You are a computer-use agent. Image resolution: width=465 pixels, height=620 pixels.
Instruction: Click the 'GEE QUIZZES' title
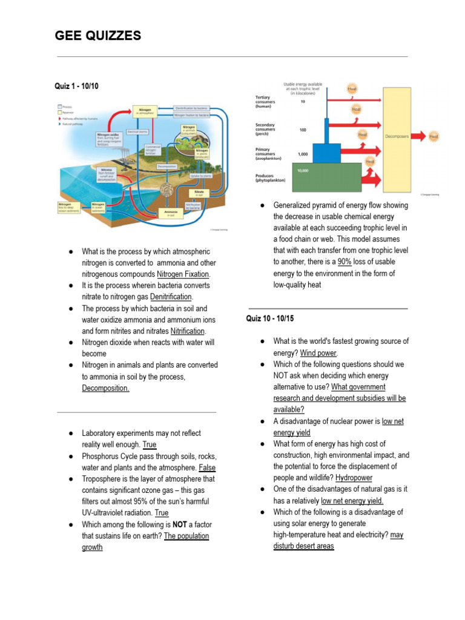point(97,36)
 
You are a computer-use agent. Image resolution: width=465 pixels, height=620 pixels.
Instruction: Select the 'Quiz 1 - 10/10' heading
point(76,87)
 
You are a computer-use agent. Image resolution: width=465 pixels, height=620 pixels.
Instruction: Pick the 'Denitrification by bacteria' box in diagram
point(192,107)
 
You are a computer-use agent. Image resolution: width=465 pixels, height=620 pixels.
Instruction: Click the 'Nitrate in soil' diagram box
point(199,193)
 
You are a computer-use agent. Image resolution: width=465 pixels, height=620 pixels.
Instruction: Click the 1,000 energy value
point(303,154)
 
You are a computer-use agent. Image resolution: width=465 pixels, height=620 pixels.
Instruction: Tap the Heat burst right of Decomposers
point(434,137)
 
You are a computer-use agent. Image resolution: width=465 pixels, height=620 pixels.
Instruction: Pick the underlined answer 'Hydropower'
point(354,478)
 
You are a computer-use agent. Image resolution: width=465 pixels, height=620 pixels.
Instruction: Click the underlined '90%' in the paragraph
point(344,262)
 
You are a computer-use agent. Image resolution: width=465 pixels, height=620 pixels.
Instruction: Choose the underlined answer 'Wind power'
point(318,353)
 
